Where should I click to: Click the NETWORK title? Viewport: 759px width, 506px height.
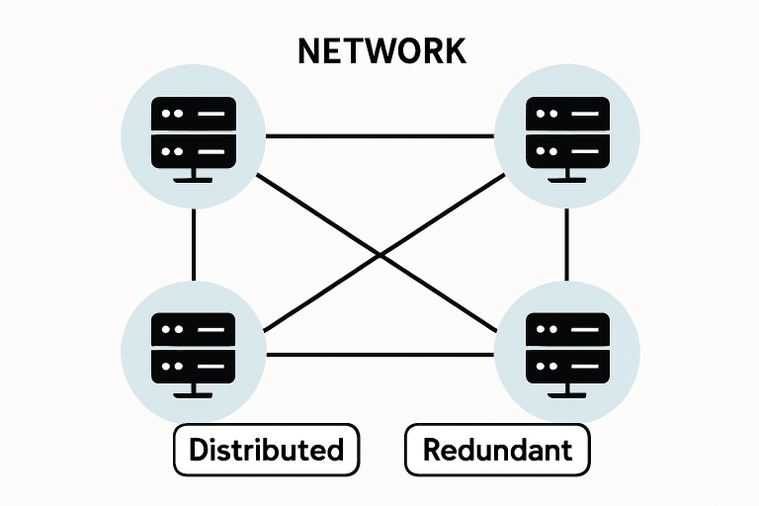[380, 52]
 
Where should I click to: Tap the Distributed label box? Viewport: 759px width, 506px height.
[266, 451]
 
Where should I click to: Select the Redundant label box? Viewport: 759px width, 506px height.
[497, 451]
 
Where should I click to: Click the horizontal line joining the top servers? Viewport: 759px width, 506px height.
[380, 135]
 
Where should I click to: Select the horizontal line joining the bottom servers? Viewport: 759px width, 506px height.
[380, 354]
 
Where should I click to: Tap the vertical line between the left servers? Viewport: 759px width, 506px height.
[194, 244]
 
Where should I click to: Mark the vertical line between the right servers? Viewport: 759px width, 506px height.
[567, 244]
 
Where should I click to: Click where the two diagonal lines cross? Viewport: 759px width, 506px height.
[380, 255]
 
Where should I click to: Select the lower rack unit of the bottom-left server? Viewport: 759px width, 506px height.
[193, 370]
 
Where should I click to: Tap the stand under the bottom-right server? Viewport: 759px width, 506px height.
[567, 394]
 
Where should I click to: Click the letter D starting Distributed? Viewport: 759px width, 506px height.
[199, 451]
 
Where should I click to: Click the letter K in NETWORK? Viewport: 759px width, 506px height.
[453, 52]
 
